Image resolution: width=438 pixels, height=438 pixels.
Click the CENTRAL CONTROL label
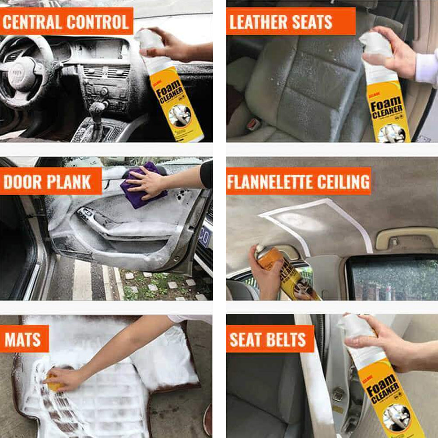coord(67,22)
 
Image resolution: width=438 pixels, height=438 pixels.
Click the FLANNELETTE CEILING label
coord(298,181)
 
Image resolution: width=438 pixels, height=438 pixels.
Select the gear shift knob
coord(97,109)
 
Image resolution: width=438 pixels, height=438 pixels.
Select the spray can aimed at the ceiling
coord(284,273)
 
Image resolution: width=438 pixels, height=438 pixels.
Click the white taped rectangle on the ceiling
coord(315,223)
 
